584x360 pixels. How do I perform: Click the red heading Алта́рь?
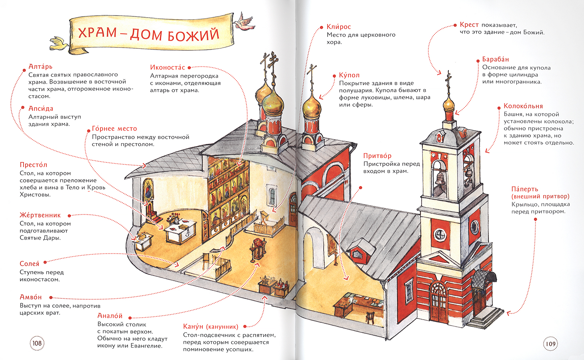[x=40, y=66]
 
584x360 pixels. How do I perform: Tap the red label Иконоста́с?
[x=167, y=68]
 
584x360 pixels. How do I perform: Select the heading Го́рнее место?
[x=114, y=129]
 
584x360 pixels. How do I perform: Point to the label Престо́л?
[x=33, y=165]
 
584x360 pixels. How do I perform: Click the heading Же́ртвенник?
[x=40, y=215]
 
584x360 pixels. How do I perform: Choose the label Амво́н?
[x=31, y=297]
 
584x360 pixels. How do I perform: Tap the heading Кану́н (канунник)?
[x=210, y=326]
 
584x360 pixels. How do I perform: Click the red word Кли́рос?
[x=338, y=27]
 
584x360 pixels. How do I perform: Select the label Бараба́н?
[x=495, y=59]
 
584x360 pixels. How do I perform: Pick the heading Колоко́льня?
[x=523, y=106]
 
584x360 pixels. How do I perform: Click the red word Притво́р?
[x=377, y=156]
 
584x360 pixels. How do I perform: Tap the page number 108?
[x=37, y=343]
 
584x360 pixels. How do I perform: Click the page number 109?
[x=550, y=344]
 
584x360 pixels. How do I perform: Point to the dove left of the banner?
[x=59, y=44]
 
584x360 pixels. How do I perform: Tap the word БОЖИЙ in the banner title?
[x=193, y=35]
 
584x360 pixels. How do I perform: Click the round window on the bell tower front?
[x=440, y=235]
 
